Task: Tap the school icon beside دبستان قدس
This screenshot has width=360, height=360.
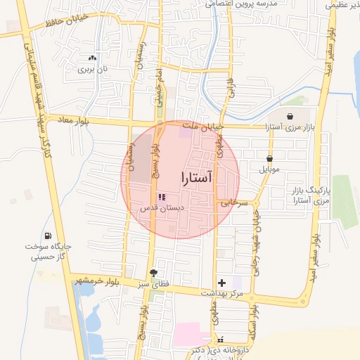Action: click(x=161, y=198)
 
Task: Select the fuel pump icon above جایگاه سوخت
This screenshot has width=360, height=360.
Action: click(x=47, y=236)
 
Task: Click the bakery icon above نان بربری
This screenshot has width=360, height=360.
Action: click(x=91, y=58)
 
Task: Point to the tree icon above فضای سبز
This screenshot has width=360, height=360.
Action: click(x=153, y=273)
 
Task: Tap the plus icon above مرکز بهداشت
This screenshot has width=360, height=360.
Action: click(x=222, y=282)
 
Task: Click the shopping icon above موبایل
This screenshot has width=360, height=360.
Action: click(x=269, y=159)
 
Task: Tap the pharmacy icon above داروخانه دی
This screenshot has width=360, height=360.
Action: click(x=220, y=340)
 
